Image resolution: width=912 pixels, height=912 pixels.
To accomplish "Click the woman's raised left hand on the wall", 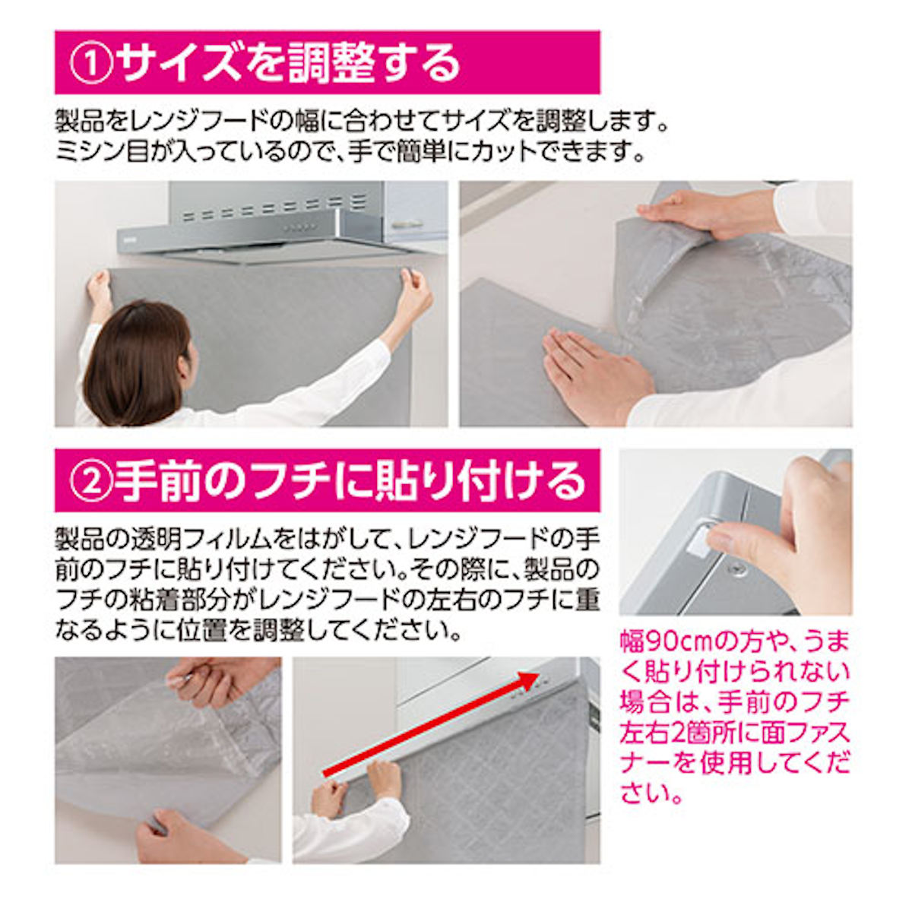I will (x=99, y=289).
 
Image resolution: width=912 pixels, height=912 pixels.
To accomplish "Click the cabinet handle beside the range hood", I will (x=407, y=223).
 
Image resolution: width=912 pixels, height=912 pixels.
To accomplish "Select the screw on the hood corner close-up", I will (x=733, y=571).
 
